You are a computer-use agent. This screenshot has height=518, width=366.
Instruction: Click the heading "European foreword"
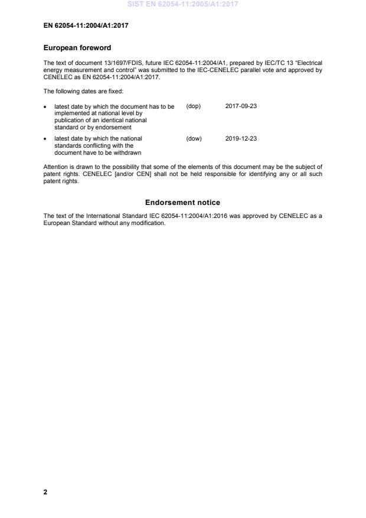(x=77, y=48)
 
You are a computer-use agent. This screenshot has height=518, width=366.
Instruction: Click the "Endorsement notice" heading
(x=182, y=203)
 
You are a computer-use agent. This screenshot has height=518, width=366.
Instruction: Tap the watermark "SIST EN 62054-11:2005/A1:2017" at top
(x=182, y=5)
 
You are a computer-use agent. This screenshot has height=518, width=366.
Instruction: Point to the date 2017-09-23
(x=241, y=106)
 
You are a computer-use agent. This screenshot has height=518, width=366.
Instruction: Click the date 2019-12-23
(x=241, y=139)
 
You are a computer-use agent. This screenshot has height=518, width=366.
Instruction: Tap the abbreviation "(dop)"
(x=194, y=106)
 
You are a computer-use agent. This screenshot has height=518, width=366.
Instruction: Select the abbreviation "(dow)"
(x=194, y=139)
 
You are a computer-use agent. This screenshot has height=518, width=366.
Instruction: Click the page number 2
(x=45, y=491)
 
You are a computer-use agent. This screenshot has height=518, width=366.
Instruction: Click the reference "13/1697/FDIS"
(x=115, y=62)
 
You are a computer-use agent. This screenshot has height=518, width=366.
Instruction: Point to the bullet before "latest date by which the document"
(x=46, y=107)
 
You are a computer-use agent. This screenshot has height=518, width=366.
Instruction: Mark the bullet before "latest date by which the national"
(x=46, y=139)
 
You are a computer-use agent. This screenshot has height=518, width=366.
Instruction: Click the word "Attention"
(x=56, y=167)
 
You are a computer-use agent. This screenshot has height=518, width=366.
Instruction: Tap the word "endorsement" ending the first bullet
(x=115, y=127)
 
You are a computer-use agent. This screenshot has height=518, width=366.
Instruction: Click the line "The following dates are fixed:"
(x=83, y=91)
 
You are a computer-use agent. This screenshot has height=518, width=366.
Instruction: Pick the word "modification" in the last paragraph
(x=148, y=223)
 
